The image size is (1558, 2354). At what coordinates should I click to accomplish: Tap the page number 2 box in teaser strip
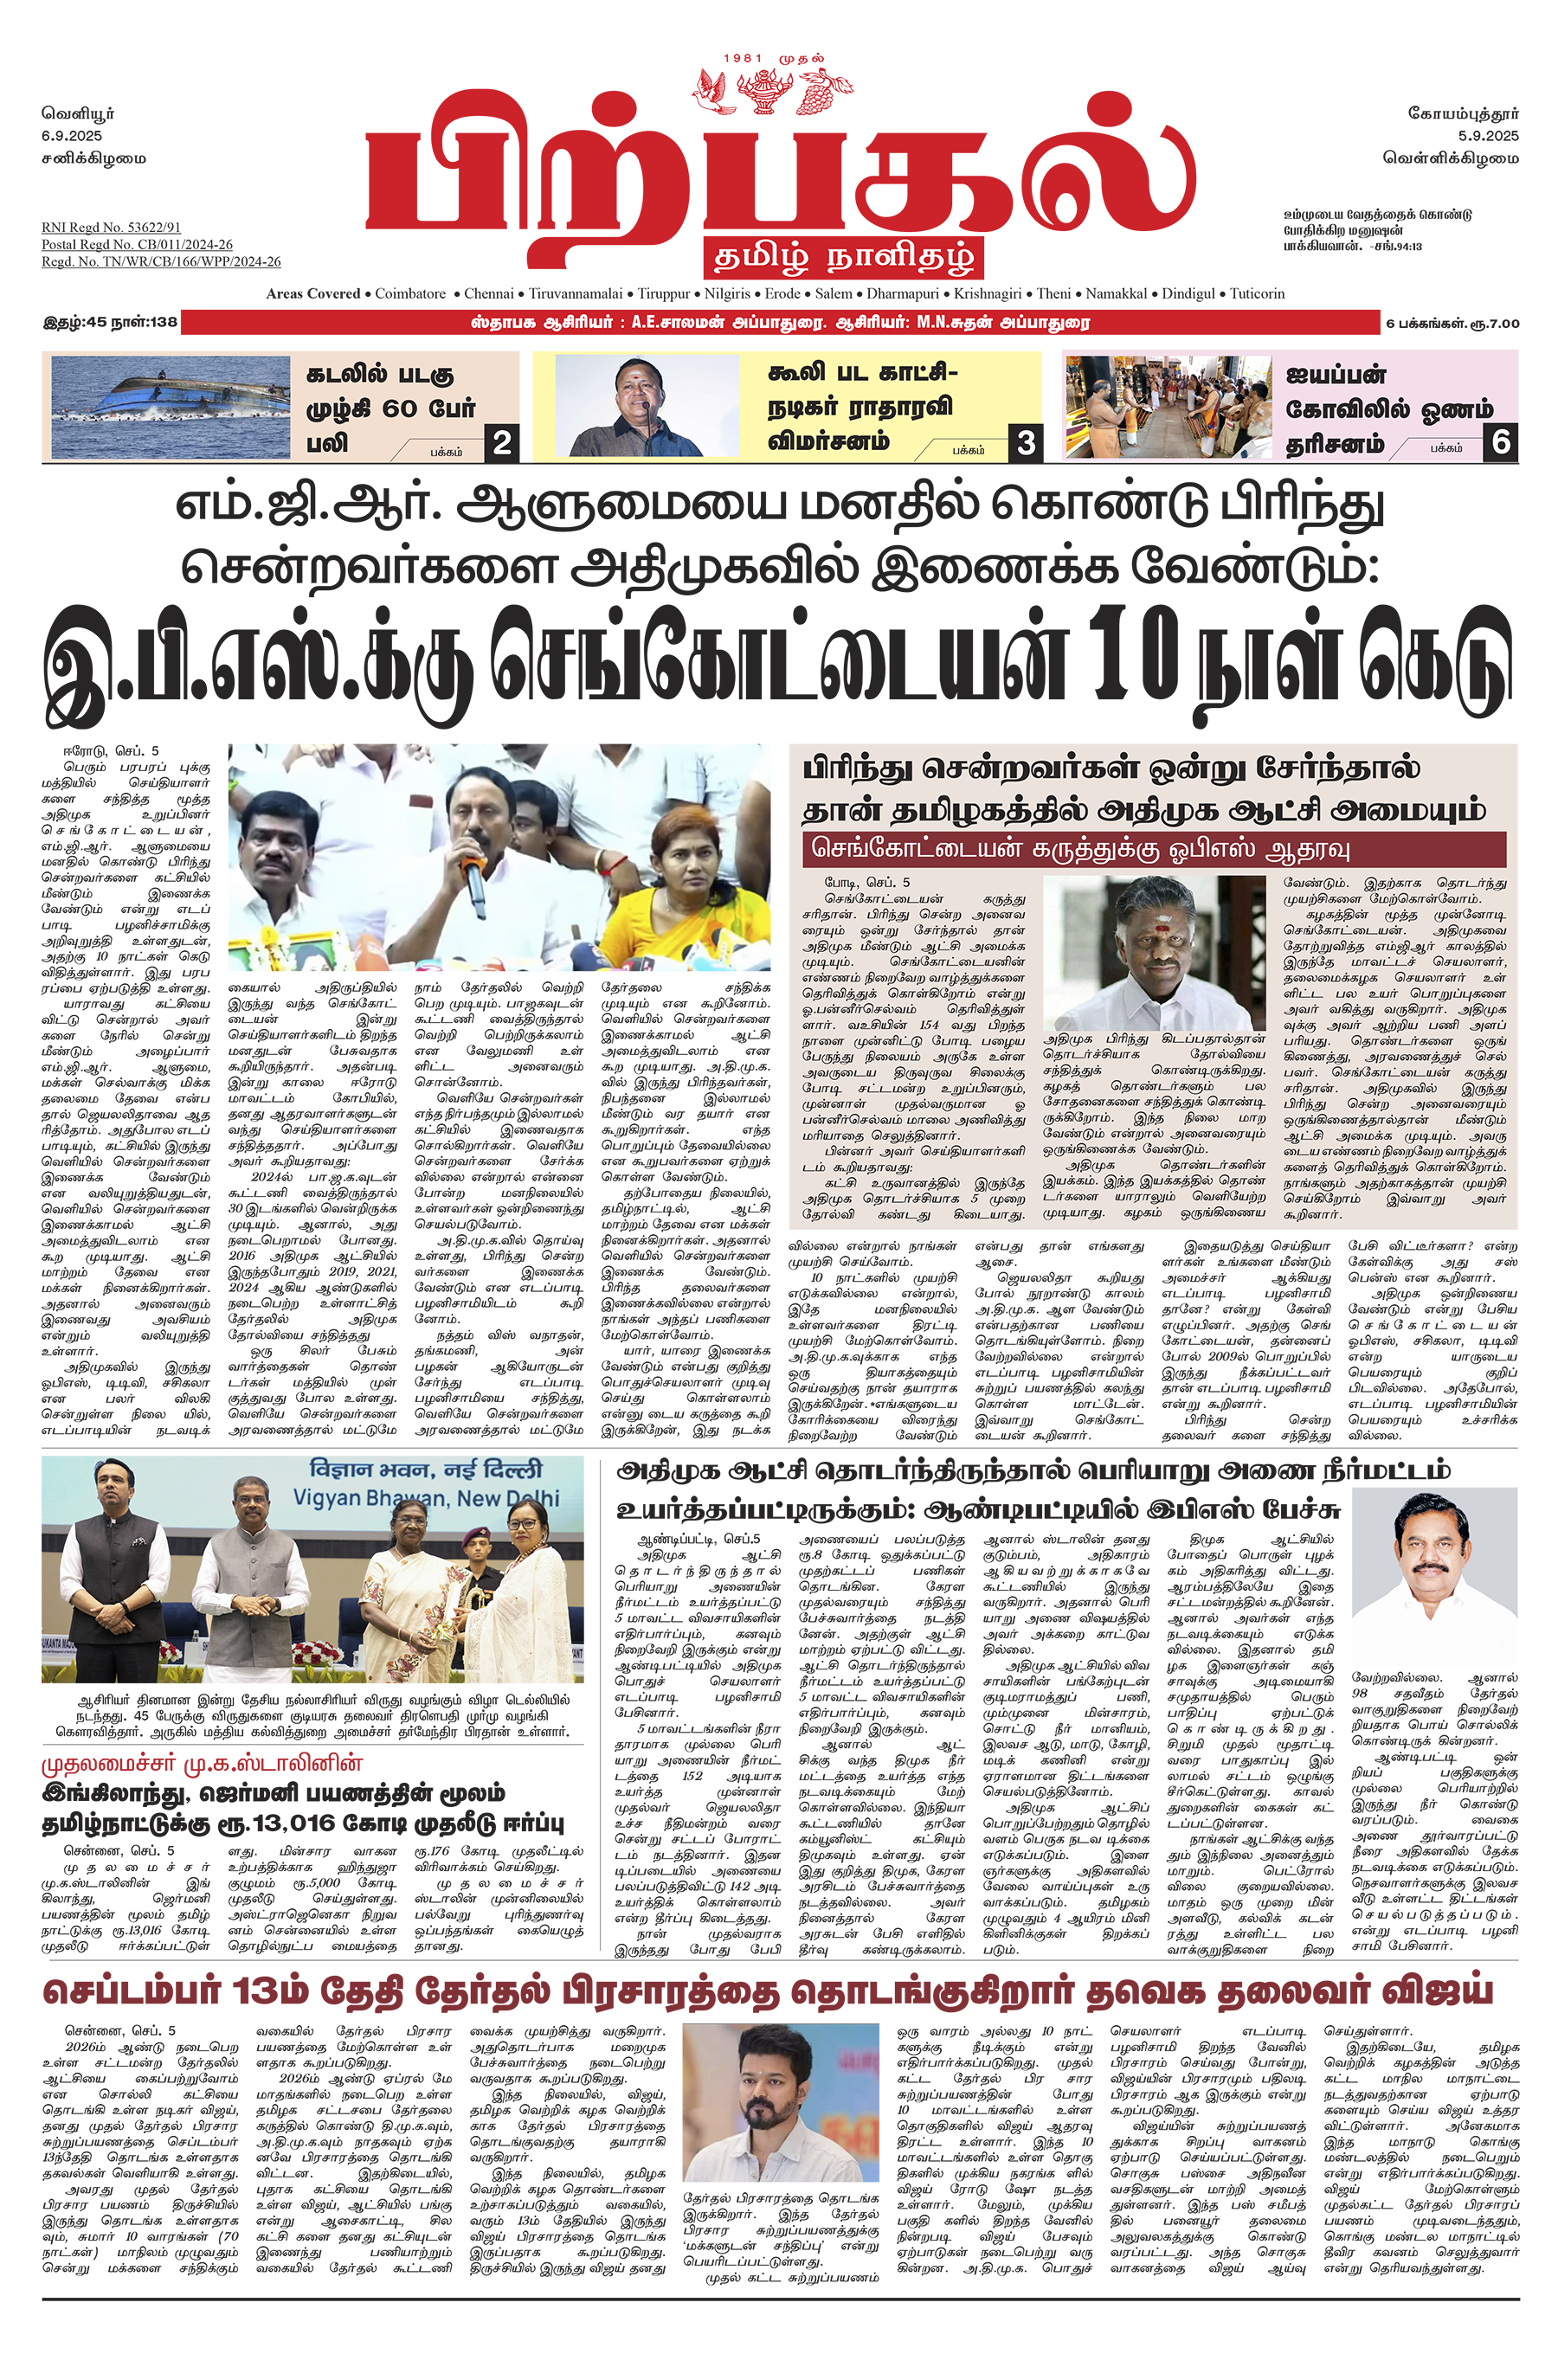pyautogui.click(x=503, y=443)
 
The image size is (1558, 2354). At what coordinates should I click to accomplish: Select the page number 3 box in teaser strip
pyautogui.click(x=1026, y=443)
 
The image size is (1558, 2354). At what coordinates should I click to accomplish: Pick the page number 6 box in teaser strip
pyautogui.click(x=1500, y=442)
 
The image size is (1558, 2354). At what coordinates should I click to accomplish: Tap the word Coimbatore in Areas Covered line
pyautogui.click(x=410, y=294)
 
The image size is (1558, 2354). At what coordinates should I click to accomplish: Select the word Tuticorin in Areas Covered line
pyautogui.click(x=1257, y=294)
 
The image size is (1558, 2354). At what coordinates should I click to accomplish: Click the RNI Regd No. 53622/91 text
pyautogui.click(x=112, y=228)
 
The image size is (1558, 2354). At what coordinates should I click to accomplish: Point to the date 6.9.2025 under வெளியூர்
pyautogui.click(x=72, y=136)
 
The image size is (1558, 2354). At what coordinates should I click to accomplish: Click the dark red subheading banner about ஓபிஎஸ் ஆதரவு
pyautogui.click(x=1154, y=850)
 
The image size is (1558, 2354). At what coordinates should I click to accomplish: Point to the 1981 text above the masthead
pyautogui.click(x=744, y=59)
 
